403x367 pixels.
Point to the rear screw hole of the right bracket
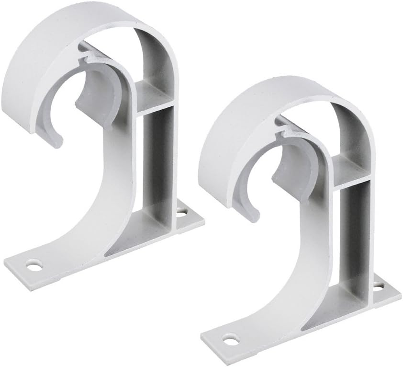tap(378, 286)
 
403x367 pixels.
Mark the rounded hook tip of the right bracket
tap(253, 217)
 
